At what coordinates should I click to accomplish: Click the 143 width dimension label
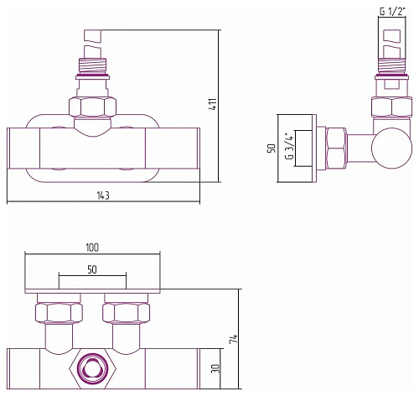coord(103,195)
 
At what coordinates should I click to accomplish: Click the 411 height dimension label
coord(213,104)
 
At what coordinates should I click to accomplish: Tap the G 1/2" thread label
coord(392,11)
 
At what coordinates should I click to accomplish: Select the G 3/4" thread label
coord(290,147)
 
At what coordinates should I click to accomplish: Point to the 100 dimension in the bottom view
coord(92,247)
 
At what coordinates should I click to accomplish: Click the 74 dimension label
coord(234,339)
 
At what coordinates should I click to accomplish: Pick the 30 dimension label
coord(216,368)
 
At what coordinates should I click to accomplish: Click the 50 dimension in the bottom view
coord(92,269)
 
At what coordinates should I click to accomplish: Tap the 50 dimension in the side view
coord(272,148)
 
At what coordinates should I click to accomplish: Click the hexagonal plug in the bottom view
coord(92,369)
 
